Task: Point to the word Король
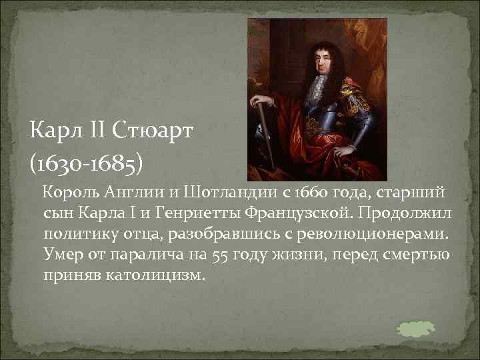coord(70,194)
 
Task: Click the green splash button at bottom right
coord(415,327)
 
